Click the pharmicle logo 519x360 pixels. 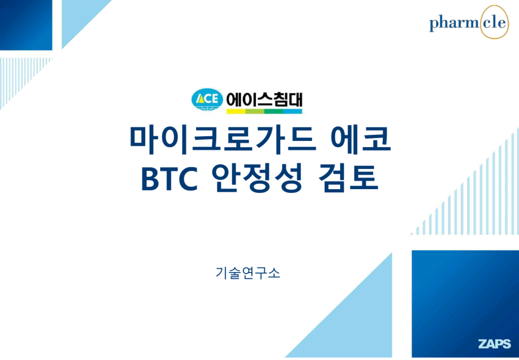[469, 22]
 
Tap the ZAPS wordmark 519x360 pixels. [495, 344]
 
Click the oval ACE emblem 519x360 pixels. [207, 99]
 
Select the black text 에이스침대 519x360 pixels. [264, 99]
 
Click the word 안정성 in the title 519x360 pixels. [257, 179]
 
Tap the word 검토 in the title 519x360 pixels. [348, 179]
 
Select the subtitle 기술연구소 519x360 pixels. [247, 273]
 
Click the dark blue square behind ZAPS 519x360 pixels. [465, 304]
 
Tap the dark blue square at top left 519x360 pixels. [26, 25]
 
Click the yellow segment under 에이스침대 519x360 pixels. [236, 112]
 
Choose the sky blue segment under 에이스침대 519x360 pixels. [292, 112]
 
